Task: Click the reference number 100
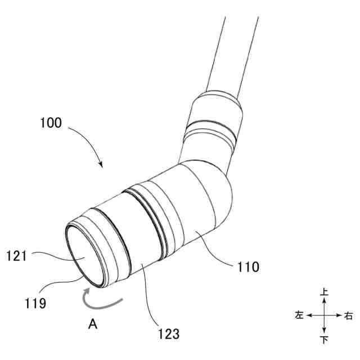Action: pyautogui.click(x=51, y=122)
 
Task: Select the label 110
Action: pyautogui.click(x=247, y=267)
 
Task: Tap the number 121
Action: pyautogui.click(x=17, y=256)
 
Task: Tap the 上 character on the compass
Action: pyautogui.click(x=324, y=292)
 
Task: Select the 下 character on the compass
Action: pyautogui.click(x=324, y=340)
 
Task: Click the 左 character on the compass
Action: pyautogui.click(x=299, y=316)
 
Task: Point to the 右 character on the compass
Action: pyautogui.click(x=349, y=316)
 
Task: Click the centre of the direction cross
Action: pyautogui.click(x=324, y=316)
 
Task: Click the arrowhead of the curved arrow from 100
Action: pyautogui.click(x=101, y=165)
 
